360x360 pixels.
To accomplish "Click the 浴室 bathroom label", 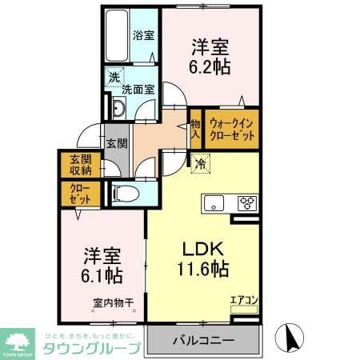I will click(x=144, y=36).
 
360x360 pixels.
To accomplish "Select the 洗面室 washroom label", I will click(x=138, y=89).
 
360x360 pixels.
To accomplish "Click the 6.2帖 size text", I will click(x=210, y=67).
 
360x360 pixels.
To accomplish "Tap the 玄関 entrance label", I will click(x=117, y=143).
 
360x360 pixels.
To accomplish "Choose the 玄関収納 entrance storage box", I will click(x=79, y=164).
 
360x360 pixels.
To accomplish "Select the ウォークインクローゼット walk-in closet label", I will click(x=233, y=130).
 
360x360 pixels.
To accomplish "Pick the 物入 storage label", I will click(x=195, y=130).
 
